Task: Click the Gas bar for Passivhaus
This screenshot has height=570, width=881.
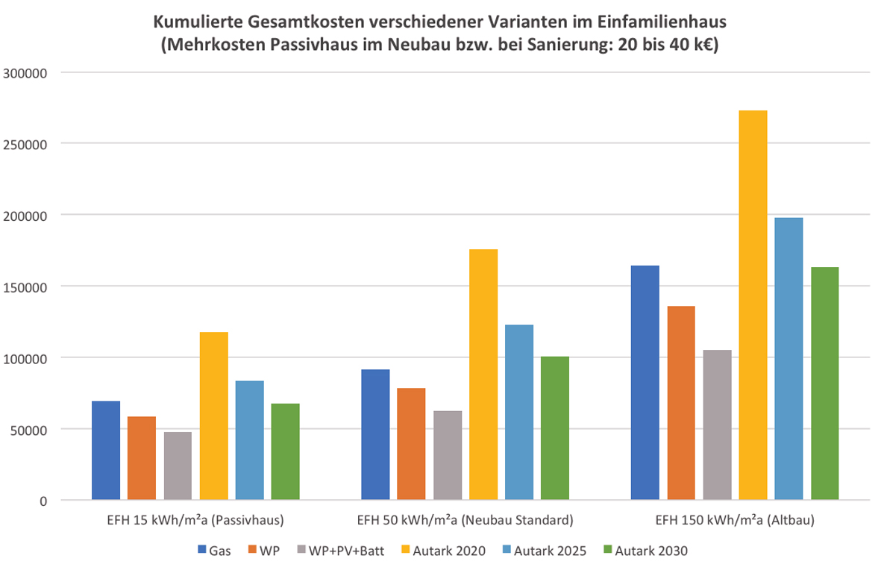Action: (x=106, y=451)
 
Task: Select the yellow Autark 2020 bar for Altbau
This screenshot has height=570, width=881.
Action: (x=753, y=305)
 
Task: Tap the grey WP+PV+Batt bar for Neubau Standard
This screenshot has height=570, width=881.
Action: (x=448, y=455)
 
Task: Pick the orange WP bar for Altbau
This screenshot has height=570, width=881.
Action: (x=681, y=403)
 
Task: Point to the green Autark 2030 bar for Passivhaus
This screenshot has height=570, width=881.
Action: (x=286, y=451)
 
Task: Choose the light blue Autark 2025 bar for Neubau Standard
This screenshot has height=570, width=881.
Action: (x=519, y=412)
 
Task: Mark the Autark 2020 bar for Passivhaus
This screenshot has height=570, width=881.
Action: (x=214, y=416)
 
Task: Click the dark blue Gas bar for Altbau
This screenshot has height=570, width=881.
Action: (x=645, y=383)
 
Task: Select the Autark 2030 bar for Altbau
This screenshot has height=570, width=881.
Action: (x=824, y=383)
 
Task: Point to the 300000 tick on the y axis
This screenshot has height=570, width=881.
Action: (x=26, y=73)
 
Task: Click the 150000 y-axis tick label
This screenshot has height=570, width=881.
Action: (x=26, y=286)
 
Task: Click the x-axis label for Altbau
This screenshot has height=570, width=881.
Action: (x=735, y=519)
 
